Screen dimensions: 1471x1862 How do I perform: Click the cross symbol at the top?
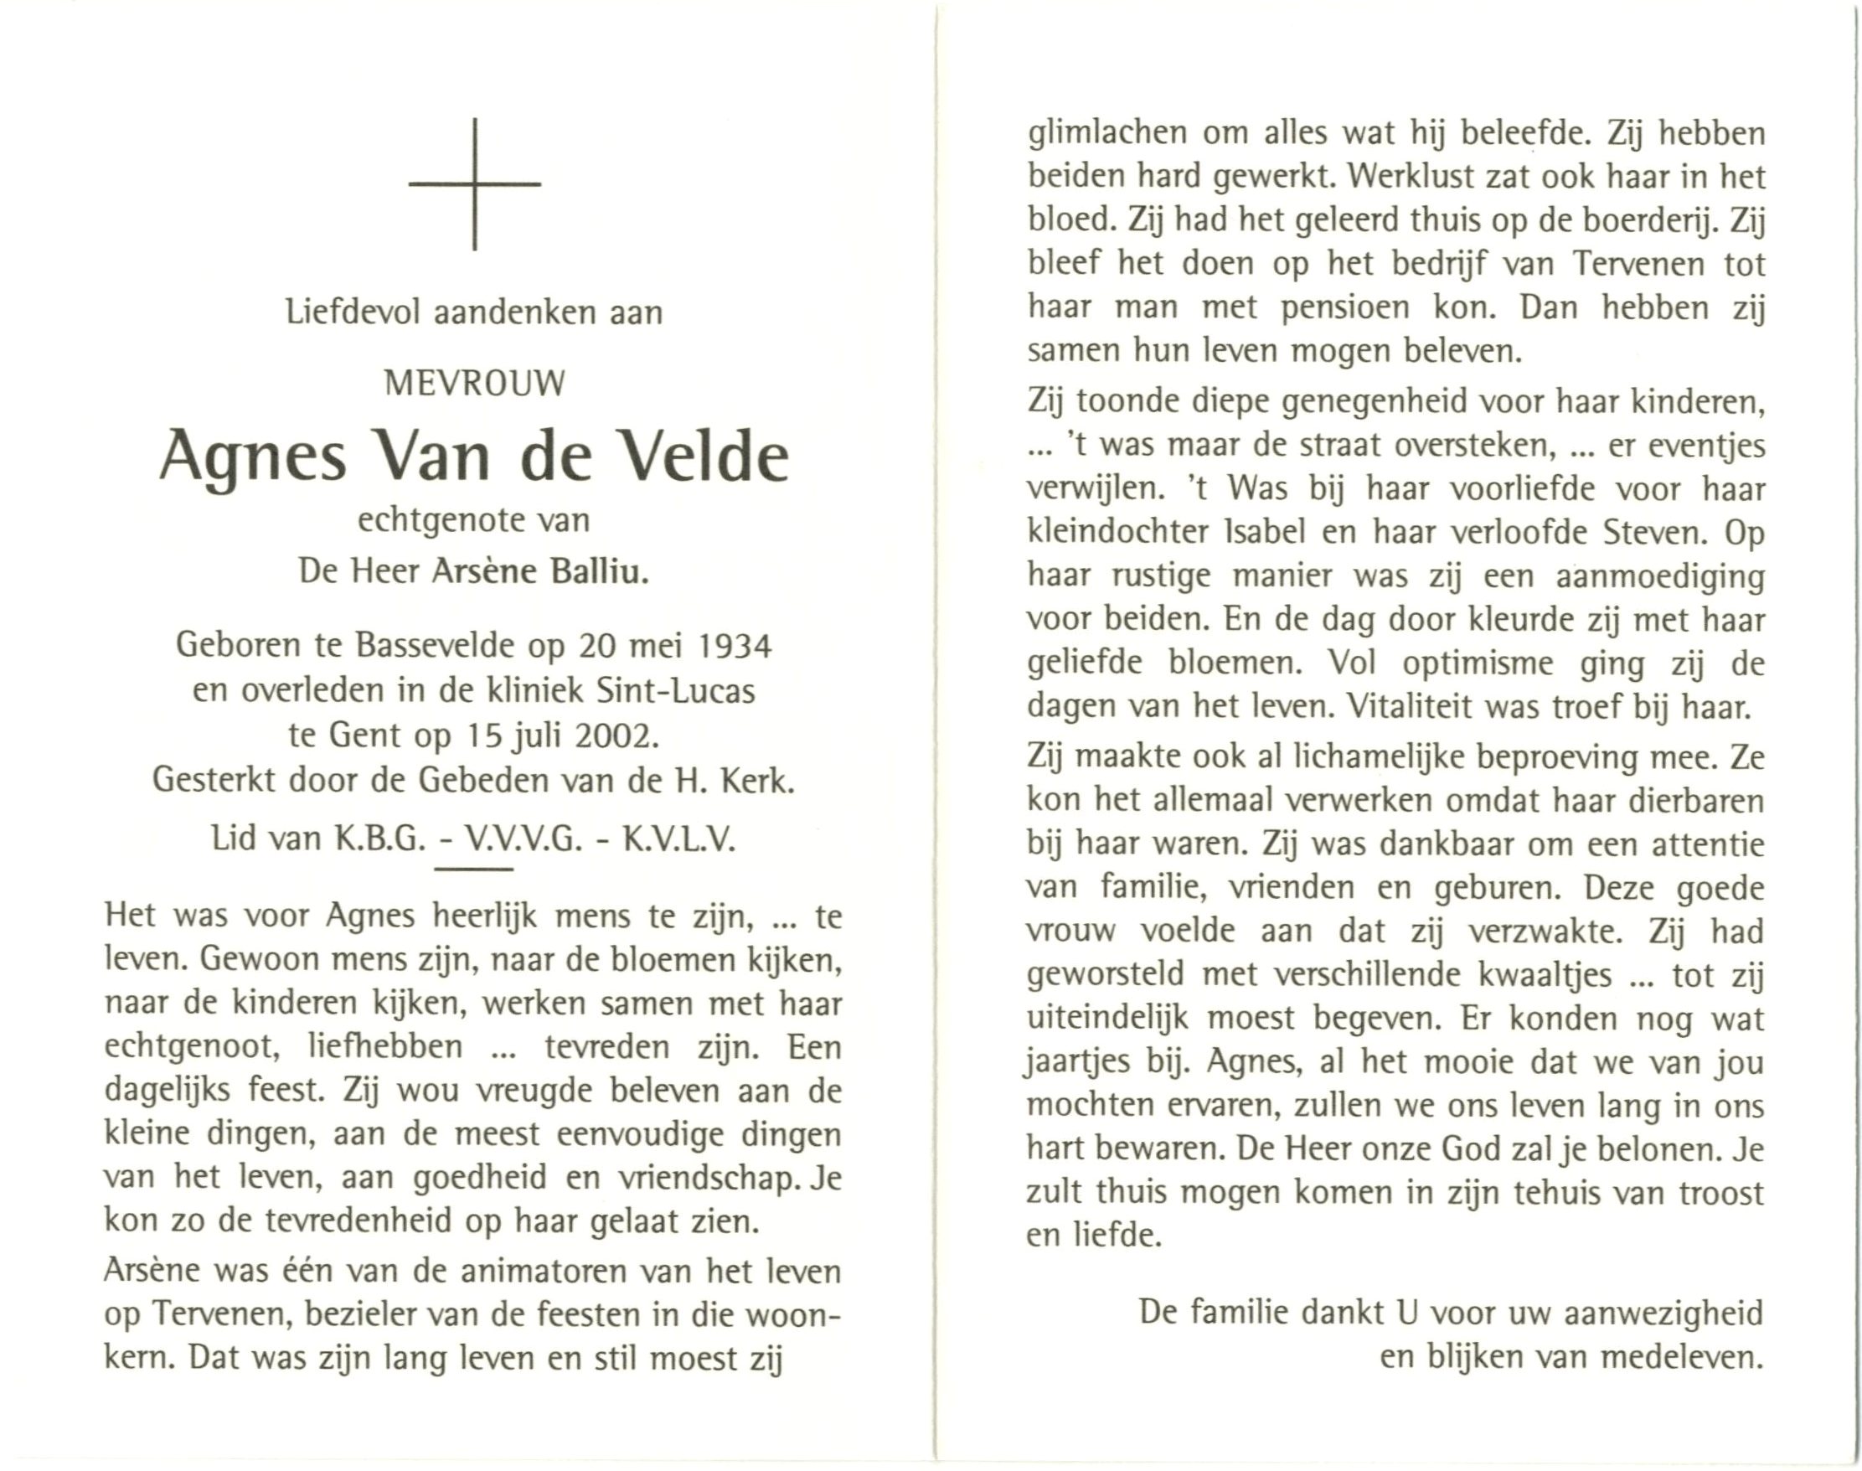(475, 183)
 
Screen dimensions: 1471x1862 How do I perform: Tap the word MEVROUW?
(475, 382)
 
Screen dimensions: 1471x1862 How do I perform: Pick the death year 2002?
(612, 735)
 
